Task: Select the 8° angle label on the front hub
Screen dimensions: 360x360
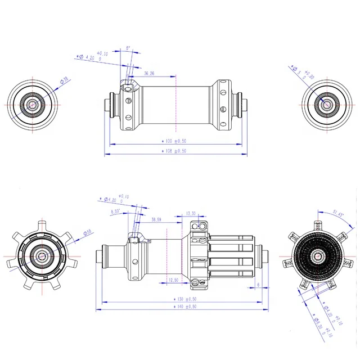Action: (128, 49)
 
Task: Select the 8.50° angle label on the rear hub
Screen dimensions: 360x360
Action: (115, 211)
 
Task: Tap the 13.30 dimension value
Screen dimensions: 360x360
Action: (191, 214)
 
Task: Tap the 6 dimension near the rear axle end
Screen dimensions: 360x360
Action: (258, 285)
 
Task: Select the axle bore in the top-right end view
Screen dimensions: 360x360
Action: (326, 103)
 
